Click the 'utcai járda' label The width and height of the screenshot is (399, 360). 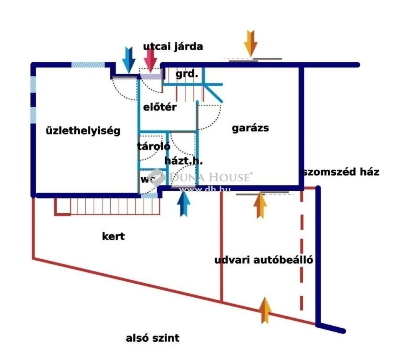point(173,47)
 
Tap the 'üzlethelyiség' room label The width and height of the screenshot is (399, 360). point(83,131)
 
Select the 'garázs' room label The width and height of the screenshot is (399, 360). point(251,128)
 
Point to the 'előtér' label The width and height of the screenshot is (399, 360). point(160,107)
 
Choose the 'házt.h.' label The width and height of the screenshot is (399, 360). point(184,161)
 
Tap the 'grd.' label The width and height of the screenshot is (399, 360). point(187,74)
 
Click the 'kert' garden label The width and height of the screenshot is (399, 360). point(113,236)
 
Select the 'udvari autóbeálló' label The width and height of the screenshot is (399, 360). point(264,260)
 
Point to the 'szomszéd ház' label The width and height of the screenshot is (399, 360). point(341,172)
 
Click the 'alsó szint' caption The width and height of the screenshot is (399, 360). point(153,338)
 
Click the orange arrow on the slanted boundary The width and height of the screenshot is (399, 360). point(265,310)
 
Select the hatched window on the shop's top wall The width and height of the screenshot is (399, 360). point(88,65)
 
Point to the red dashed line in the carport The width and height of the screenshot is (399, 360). point(301,249)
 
